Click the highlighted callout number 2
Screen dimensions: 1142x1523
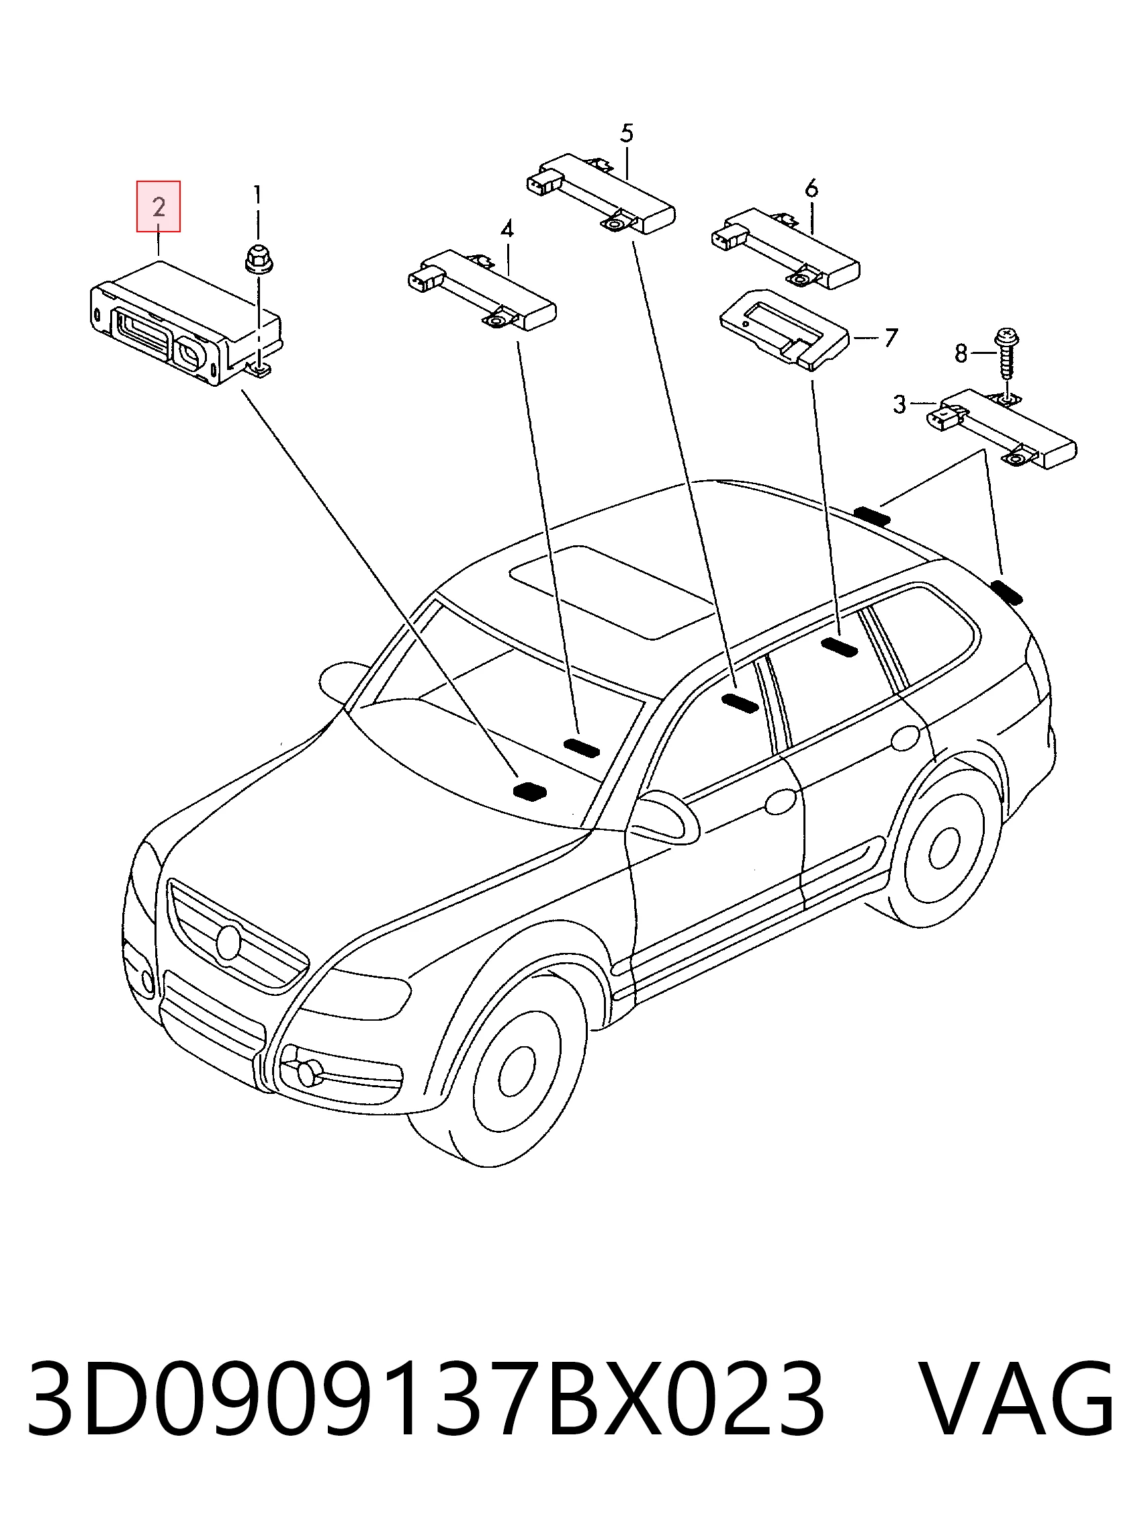point(159,207)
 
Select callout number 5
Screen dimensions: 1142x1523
point(626,133)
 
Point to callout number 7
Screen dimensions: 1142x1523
point(891,338)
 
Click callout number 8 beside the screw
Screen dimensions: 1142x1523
point(961,354)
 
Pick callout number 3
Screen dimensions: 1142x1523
point(899,404)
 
